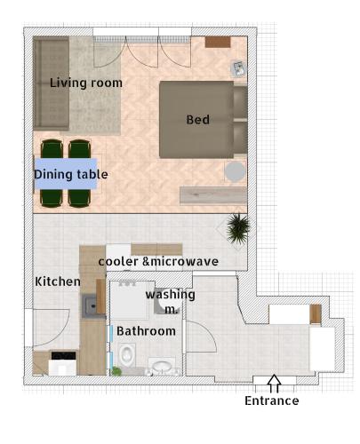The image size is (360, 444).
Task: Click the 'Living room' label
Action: [86, 83]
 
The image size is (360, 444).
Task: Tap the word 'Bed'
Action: [197, 120]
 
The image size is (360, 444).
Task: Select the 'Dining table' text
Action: [71, 174]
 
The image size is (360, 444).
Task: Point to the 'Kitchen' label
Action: [58, 281]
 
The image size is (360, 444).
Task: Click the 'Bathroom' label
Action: [146, 331]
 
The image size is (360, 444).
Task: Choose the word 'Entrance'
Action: [272, 400]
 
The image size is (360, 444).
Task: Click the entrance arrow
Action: [274, 384]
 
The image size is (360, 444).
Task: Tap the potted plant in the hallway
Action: [238, 228]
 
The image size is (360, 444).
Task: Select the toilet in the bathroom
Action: [126, 353]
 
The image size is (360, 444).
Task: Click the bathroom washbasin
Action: [162, 367]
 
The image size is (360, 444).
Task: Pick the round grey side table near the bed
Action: [235, 171]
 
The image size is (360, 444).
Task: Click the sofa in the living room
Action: [51, 83]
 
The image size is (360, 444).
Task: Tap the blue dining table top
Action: [66, 173]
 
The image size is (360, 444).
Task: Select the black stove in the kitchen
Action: [63, 355]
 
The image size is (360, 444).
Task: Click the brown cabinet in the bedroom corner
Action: [218, 42]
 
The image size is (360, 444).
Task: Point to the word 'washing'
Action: [170, 295]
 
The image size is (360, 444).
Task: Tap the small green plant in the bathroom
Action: [116, 371]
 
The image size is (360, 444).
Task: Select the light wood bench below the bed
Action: [213, 195]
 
